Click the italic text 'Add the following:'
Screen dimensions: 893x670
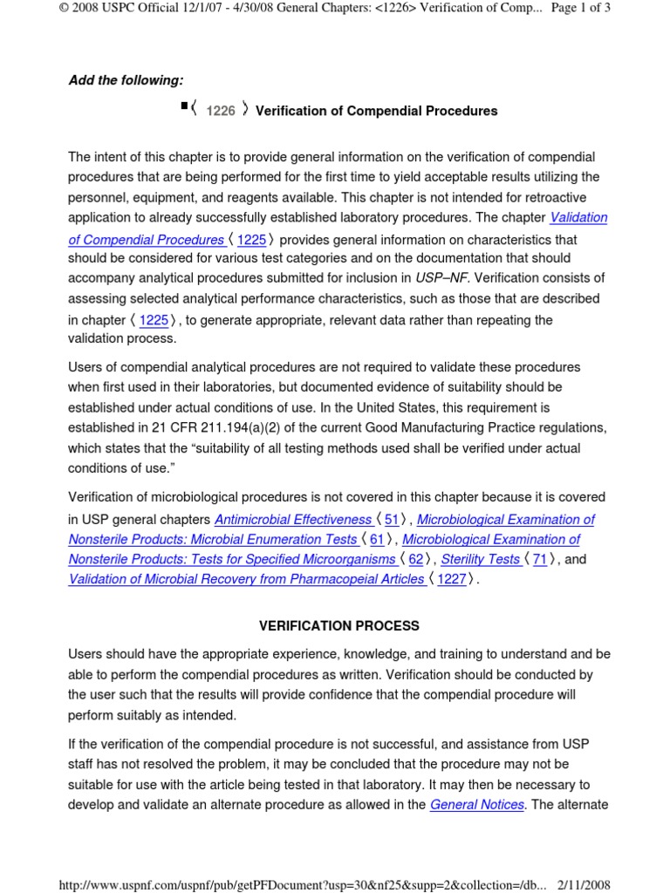point(126,80)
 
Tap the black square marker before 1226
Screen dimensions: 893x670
point(184,106)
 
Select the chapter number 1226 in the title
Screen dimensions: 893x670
point(221,111)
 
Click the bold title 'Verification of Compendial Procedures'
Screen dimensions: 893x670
point(376,111)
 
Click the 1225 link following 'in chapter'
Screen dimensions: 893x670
point(154,320)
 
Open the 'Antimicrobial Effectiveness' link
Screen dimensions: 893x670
point(293,519)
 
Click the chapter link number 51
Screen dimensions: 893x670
point(392,519)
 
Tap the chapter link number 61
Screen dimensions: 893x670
point(377,539)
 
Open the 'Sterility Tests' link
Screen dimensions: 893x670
point(481,559)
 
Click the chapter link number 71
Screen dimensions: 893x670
point(540,559)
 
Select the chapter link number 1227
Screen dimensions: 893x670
point(452,579)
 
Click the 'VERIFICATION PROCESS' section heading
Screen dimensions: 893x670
point(339,626)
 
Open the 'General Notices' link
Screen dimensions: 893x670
point(477,805)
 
